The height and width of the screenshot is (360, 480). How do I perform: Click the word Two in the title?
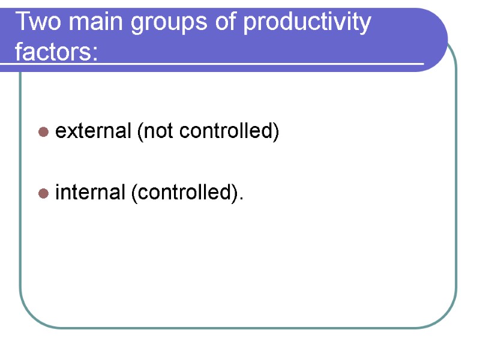(x=37, y=23)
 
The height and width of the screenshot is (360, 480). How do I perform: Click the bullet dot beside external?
(x=43, y=131)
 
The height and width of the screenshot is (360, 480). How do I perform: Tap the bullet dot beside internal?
(x=43, y=194)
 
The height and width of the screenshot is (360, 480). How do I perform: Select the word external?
(x=93, y=131)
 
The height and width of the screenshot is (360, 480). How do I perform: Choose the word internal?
(x=89, y=193)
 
